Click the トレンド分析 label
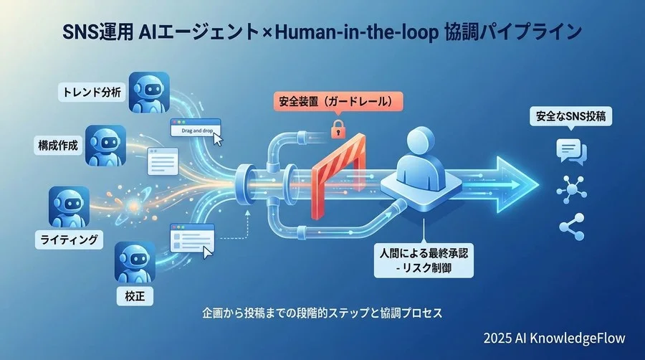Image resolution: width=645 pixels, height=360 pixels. (x=91, y=92)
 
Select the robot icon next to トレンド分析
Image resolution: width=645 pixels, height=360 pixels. (x=148, y=91)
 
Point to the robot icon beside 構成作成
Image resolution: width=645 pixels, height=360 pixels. (x=105, y=146)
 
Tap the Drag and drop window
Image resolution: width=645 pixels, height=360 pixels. (x=193, y=129)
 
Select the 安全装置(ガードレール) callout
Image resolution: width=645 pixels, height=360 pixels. (x=337, y=102)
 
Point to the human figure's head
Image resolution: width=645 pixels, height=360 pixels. (x=423, y=143)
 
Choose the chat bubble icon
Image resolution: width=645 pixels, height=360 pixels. (x=572, y=151)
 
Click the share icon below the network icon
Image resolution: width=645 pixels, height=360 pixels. (x=572, y=229)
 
